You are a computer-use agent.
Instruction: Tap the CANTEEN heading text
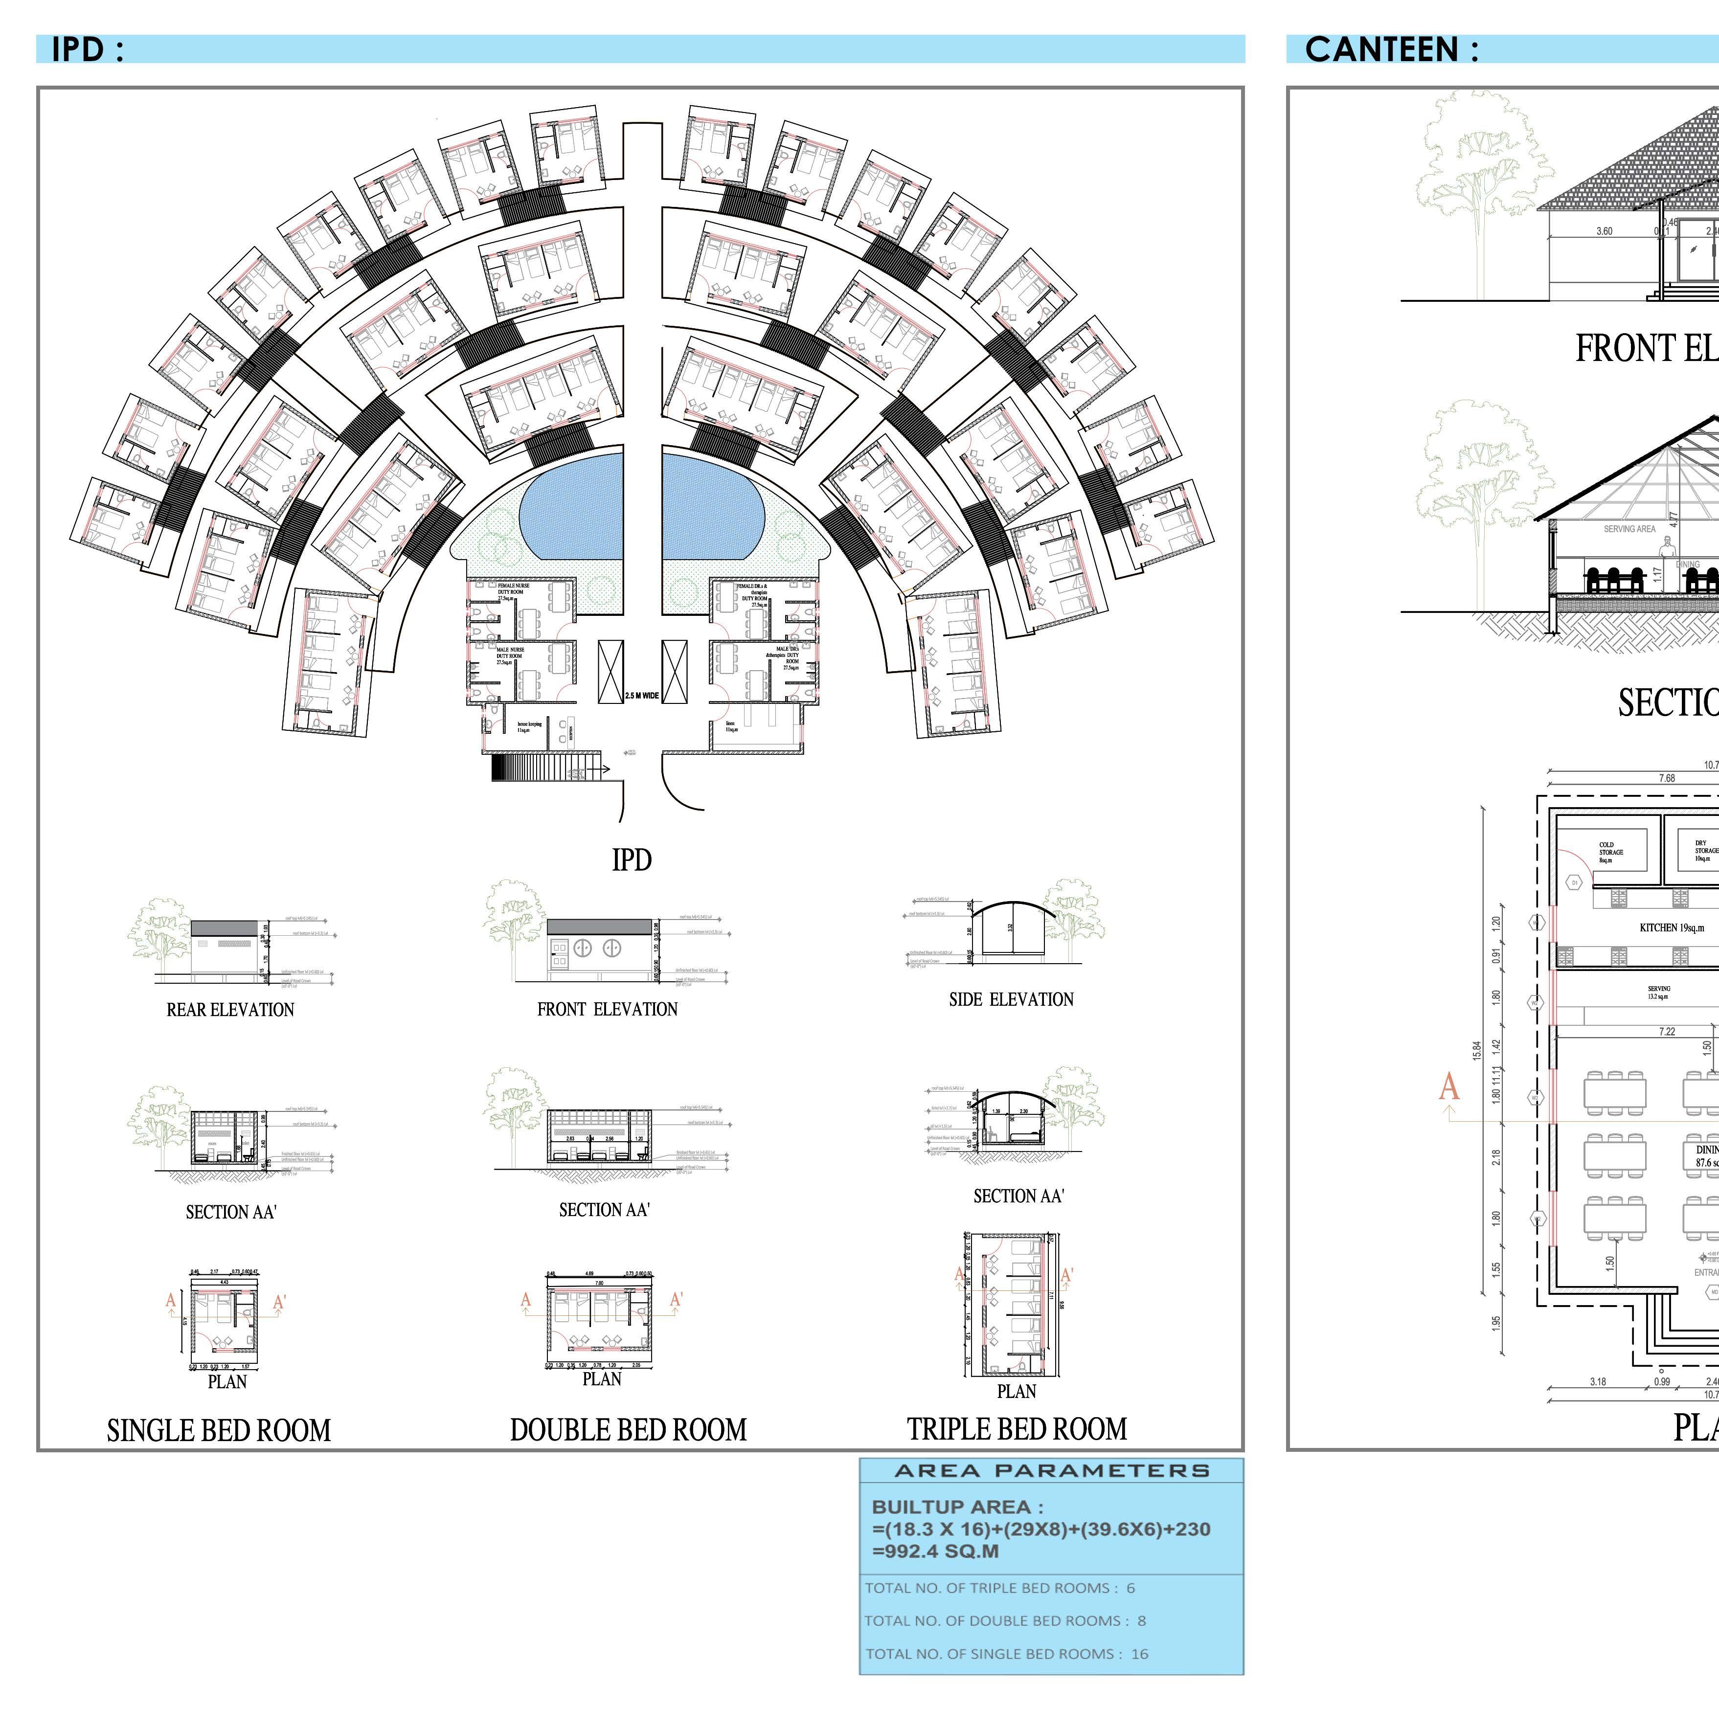(1391, 50)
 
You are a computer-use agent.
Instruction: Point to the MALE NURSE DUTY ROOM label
(510, 655)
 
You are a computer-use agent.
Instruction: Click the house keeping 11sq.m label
(529, 727)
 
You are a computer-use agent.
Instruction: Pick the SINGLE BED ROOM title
(219, 1430)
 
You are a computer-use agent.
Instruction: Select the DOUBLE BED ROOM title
(628, 1429)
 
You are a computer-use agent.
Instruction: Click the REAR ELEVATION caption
(230, 1010)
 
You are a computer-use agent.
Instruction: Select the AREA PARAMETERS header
(1052, 1471)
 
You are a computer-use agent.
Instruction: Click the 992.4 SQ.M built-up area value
(935, 1552)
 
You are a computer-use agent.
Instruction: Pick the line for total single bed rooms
(1006, 1654)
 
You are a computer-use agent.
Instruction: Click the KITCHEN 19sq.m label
(1672, 928)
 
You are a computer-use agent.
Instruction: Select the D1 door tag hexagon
(1575, 882)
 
